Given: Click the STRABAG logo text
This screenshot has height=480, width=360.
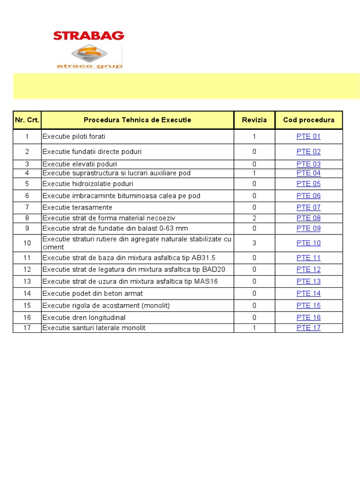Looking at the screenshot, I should point(89,36).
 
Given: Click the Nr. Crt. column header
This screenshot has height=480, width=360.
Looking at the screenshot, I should point(27,120).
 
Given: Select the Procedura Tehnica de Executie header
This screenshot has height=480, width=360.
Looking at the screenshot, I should point(137,120).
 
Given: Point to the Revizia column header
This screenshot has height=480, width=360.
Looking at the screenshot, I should point(254,120).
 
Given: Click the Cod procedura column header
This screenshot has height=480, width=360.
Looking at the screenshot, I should point(308,120).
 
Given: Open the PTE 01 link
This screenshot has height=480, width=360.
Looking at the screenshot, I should point(308,136).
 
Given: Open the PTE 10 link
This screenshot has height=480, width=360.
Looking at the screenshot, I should point(308,243).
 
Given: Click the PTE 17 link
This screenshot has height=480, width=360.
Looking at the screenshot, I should point(308,328).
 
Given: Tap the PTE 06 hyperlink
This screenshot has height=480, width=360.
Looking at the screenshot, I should point(308,195).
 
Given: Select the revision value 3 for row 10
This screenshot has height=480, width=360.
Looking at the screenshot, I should point(254,243).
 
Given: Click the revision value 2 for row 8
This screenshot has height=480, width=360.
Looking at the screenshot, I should point(254,218).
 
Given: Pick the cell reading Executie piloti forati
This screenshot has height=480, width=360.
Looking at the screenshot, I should point(74,136).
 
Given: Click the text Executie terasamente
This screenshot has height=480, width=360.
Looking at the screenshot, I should point(77,207).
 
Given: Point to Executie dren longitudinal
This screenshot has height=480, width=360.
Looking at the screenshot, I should point(84,317).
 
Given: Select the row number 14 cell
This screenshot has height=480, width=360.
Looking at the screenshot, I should point(27,293).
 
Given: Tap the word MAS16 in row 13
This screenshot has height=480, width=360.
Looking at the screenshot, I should point(207,281).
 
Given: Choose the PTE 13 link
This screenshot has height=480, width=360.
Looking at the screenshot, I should point(308,281).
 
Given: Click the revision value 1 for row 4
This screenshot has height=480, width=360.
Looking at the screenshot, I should point(254,173).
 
